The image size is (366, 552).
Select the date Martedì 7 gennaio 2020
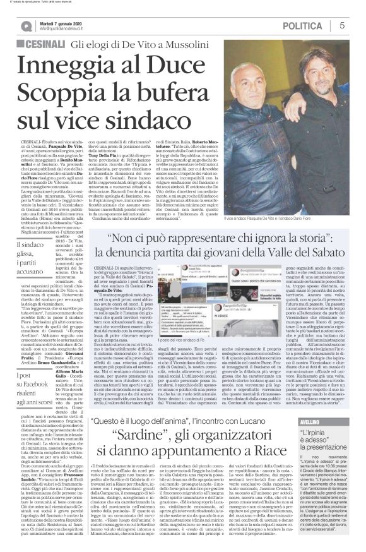64,22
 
